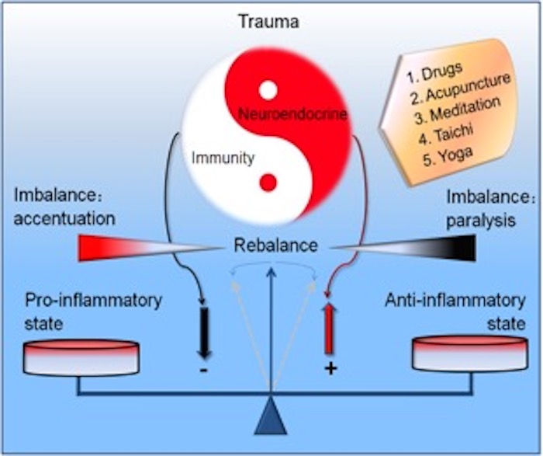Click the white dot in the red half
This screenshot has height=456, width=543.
click(x=268, y=90)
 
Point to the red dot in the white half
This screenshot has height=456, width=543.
click(x=268, y=183)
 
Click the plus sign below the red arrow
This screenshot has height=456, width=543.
click(x=330, y=367)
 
